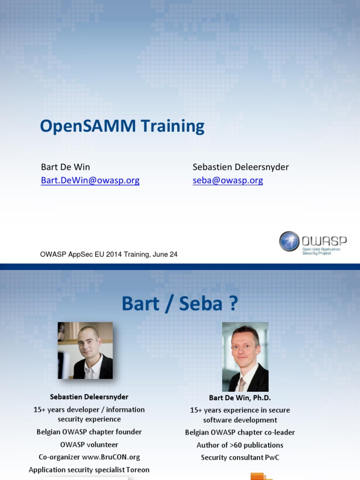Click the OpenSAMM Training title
(x=122, y=126)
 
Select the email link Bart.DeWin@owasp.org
(x=90, y=180)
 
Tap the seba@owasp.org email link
(x=228, y=180)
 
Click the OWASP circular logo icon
(x=289, y=241)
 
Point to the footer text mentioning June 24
(x=109, y=255)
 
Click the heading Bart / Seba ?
(x=180, y=304)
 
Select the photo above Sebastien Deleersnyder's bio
(x=85, y=350)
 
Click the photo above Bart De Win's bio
(x=245, y=357)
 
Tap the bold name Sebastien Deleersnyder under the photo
(x=89, y=397)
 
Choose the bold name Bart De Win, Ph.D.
(x=240, y=398)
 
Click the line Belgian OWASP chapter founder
(x=89, y=432)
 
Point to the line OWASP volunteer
(x=89, y=444)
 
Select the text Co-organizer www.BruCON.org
(x=89, y=457)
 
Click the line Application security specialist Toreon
(x=89, y=470)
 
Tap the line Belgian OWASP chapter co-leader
(x=240, y=433)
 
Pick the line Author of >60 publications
(x=240, y=445)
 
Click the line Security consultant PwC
(x=240, y=457)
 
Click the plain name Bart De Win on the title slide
(x=66, y=167)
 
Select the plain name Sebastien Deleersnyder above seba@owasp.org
(x=241, y=167)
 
